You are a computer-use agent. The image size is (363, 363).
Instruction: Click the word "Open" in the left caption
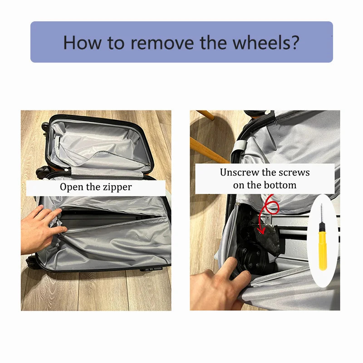click(71, 187)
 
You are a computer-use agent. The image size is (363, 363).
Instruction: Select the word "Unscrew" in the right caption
click(239, 172)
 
